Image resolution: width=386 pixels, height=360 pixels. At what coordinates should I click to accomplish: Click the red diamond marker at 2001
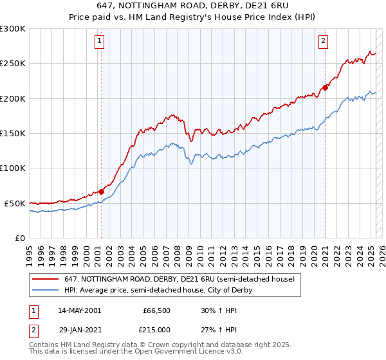pyautogui.click(x=102, y=191)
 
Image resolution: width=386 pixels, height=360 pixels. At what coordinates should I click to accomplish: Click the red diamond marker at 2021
pyautogui.click(x=326, y=87)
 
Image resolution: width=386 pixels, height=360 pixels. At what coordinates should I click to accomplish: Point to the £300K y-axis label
pyautogui.click(x=13, y=29)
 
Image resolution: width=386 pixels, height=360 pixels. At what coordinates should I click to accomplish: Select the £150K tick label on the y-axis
pyautogui.click(x=13, y=133)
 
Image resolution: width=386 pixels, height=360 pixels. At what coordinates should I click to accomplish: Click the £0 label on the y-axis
pyautogui.click(x=20, y=238)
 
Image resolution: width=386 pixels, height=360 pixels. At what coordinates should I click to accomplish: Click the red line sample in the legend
pyautogui.click(x=46, y=279)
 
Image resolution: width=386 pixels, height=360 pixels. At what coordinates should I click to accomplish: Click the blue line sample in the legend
pyautogui.click(x=46, y=290)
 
